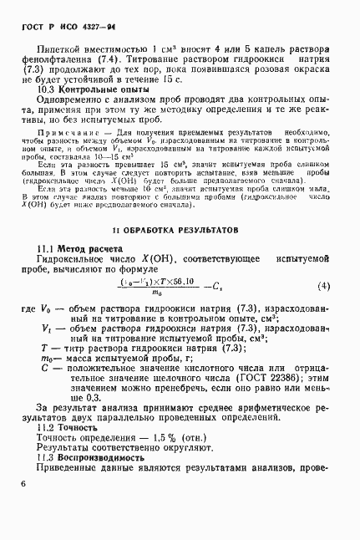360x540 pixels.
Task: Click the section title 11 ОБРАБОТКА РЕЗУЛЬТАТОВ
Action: tap(180, 228)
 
